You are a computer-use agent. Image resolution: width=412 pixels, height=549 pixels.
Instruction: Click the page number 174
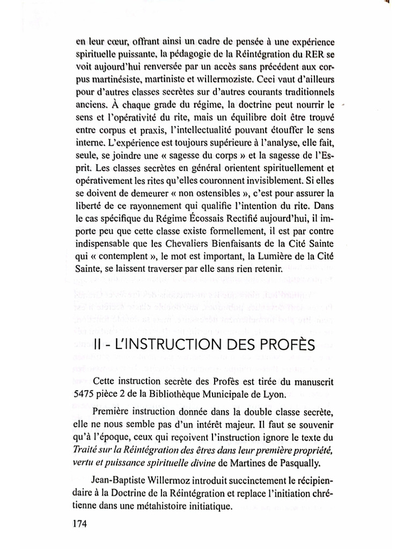(82, 523)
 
